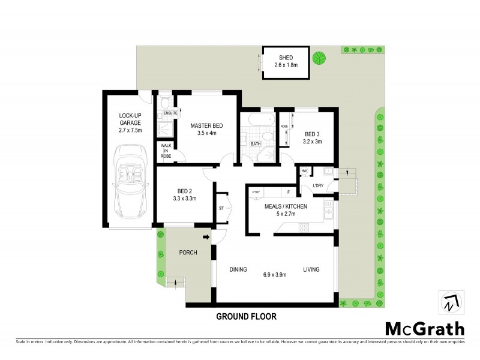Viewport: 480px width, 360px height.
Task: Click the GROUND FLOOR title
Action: (x=247, y=316)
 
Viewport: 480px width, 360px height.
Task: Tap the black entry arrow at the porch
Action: (x=206, y=238)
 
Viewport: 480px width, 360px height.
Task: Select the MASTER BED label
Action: (x=207, y=125)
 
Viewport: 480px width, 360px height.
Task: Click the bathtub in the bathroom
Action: (x=257, y=122)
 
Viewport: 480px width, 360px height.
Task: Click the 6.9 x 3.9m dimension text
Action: (x=274, y=275)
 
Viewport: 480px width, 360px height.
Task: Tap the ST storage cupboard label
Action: (x=221, y=209)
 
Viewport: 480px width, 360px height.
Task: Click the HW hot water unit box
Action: (x=304, y=172)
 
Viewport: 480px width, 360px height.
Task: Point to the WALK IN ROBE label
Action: (x=165, y=151)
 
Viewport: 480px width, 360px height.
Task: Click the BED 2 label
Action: (x=184, y=190)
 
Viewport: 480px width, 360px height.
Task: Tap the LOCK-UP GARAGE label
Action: (x=130, y=118)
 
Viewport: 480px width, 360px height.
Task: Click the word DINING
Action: (x=238, y=270)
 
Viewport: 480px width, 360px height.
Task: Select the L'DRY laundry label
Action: (x=319, y=185)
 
